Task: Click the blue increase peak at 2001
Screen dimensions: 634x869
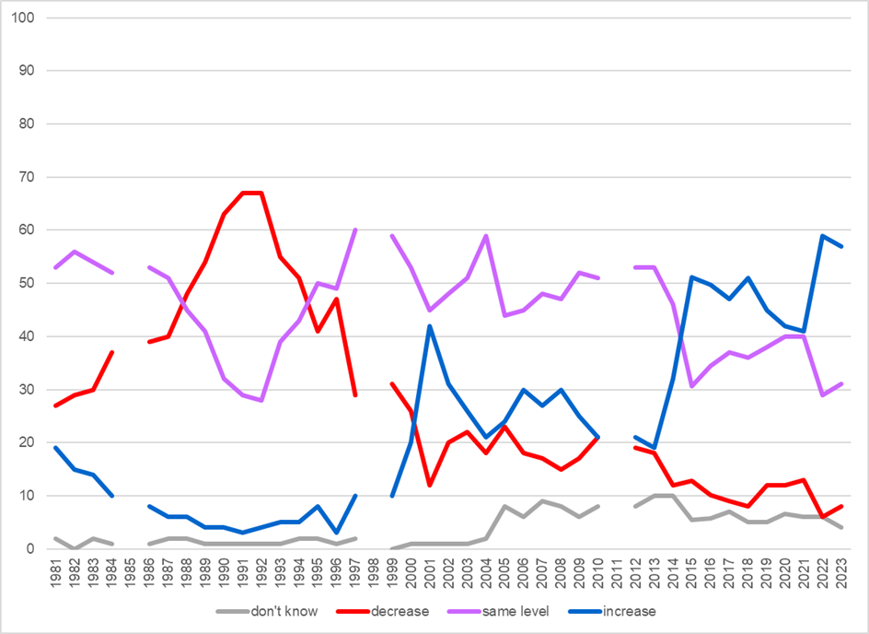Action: point(430,326)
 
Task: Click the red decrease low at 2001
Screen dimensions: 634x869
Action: point(430,486)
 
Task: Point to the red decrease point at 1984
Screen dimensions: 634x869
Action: point(111,352)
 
